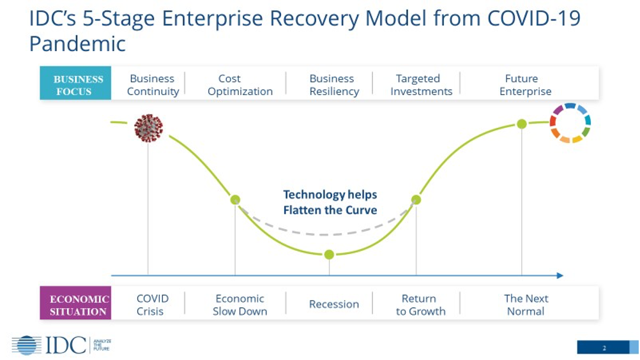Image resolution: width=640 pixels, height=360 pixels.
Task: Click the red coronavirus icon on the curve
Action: [x=148, y=128]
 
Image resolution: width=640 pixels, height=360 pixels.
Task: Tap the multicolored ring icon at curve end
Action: [x=570, y=123]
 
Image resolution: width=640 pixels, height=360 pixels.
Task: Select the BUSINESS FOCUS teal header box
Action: [x=75, y=85]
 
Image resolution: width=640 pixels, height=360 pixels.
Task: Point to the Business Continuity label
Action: [x=152, y=85]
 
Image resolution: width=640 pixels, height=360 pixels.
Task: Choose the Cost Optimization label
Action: [x=240, y=85]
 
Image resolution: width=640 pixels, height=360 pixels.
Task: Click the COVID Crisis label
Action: [x=152, y=304]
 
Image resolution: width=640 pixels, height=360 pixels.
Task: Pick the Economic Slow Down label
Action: [x=240, y=304]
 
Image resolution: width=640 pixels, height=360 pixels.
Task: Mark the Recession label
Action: [x=333, y=304]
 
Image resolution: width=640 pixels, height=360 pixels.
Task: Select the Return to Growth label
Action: [x=420, y=304]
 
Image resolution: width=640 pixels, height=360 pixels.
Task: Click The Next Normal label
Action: [x=525, y=304]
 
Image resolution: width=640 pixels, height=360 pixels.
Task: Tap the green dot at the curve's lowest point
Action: [x=329, y=255]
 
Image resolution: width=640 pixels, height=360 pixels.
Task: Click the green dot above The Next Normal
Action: [x=522, y=124]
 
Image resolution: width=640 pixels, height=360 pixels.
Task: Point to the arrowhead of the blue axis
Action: [x=560, y=276]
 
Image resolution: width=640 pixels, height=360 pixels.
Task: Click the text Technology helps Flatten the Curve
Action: [x=330, y=202]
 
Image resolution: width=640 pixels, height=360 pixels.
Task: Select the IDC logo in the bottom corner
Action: [x=61, y=345]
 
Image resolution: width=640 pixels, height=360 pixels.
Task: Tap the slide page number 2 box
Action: [x=603, y=347]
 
